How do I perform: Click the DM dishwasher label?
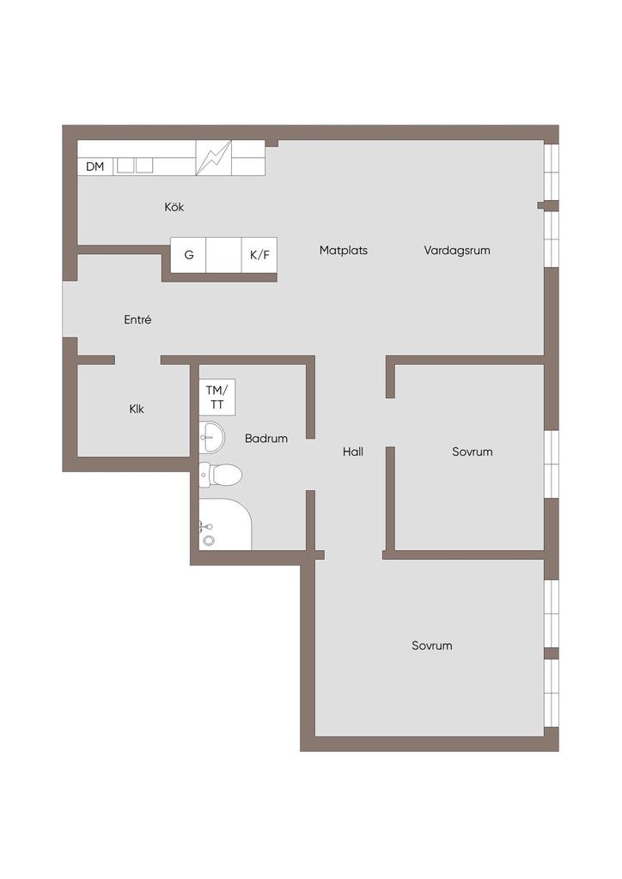pyautogui.click(x=95, y=167)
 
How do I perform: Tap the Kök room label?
pyautogui.click(x=174, y=207)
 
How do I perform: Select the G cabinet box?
pyautogui.click(x=188, y=255)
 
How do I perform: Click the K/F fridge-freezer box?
pyautogui.click(x=259, y=255)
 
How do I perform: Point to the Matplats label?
pyautogui.click(x=344, y=250)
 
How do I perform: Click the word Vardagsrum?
pyautogui.click(x=457, y=250)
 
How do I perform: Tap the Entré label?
pyautogui.click(x=137, y=319)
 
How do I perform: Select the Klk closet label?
pyautogui.click(x=137, y=409)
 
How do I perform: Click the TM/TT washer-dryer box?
pyautogui.click(x=217, y=397)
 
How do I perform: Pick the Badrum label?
pyautogui.click(x=266, y=439)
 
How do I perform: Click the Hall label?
pyautogui.click(x=353, y=452)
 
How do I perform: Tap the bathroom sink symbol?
pyautogui.click(x=212, y=437)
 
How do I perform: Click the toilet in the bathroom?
pyautogui.click(x=221, y=475)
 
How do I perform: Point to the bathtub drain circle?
pyautogui.click(x=210, y=541)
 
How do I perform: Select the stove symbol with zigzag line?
pyautogui.click(x=214, y=158)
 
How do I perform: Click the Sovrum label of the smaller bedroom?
pyautogui.click(x=473, y=452)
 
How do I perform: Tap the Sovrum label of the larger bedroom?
pyautogui.click(x=432, y=646)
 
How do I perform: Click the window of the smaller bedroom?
pyautogui.click(x=552, y=464)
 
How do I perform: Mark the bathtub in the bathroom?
pyautogui.click(x=225, y=524)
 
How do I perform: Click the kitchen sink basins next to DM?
pyautogui.click(x=135, y=166)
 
